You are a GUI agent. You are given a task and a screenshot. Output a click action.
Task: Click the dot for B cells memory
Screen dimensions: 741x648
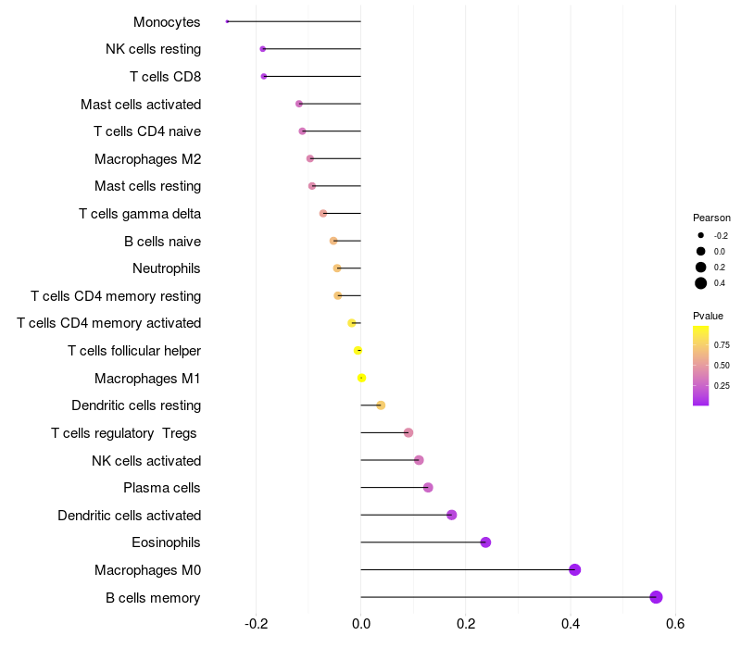656,597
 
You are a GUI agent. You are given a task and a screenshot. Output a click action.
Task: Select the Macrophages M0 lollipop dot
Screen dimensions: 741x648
574,569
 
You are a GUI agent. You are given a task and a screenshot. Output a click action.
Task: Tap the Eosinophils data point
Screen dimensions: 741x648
485,542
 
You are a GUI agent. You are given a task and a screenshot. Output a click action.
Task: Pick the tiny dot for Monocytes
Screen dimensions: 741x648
227,21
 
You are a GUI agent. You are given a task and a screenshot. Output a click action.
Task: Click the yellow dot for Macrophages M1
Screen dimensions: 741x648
361,378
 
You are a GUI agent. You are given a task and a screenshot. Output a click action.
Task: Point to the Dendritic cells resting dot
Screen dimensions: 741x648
381,405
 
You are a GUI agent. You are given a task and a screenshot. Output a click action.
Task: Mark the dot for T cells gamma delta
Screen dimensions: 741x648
323,214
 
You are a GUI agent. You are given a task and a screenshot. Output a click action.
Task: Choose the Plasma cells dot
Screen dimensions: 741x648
428,488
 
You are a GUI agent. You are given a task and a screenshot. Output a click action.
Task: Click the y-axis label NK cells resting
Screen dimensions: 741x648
153,49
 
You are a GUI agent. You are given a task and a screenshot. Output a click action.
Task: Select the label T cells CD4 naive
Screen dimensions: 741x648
147,131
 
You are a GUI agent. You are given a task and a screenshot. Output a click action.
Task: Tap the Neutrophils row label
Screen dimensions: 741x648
167,268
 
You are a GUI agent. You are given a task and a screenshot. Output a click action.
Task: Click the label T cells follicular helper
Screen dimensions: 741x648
134,351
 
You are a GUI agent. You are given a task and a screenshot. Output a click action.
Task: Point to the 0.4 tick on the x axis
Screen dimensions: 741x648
571,623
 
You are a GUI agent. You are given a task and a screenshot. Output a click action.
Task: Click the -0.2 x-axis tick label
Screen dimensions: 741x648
257,623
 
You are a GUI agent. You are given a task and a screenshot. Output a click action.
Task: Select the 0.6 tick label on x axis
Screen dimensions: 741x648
675,623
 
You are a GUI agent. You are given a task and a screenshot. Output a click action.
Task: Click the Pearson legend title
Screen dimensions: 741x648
711,218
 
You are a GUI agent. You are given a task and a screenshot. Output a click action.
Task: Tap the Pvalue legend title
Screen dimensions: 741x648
708,316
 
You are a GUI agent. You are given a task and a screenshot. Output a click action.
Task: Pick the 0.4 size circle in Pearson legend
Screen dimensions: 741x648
701,283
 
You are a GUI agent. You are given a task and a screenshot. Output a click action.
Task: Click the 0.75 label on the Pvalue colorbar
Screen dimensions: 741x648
722,344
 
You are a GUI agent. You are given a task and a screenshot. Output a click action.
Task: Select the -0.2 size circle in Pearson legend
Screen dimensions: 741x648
701,235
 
